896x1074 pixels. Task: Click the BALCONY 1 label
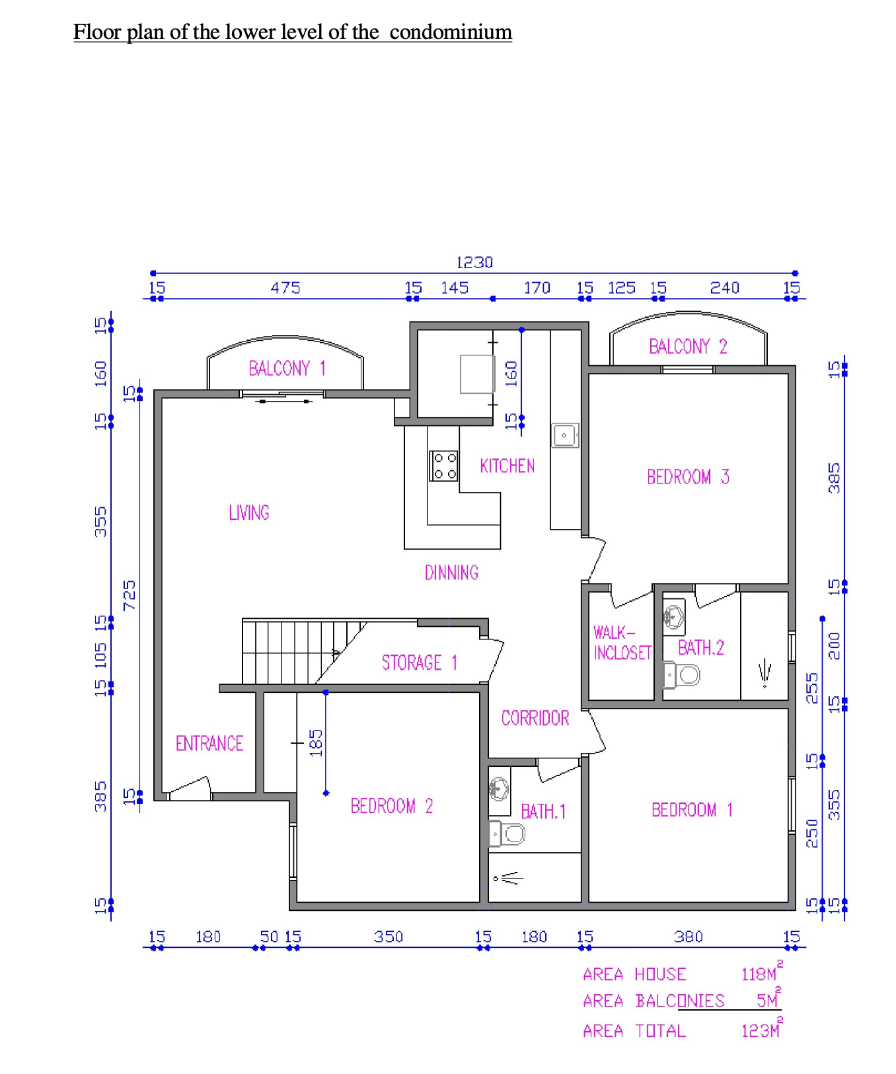[287, 368]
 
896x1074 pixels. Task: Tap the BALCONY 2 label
[688, 346]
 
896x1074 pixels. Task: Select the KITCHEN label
[507, 466]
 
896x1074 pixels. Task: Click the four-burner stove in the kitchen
[443, 466]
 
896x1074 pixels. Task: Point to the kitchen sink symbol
[565, 435]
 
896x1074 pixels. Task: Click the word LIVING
[249, 513]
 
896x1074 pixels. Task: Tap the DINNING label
[451, 572]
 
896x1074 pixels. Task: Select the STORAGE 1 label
[420, 662]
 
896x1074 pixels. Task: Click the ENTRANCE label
[209, 743]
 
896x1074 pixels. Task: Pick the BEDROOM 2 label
[392, 806]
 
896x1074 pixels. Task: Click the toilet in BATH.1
[507, 834]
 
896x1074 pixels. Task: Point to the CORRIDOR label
[535, 718]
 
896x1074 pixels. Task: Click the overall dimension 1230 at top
[474, 262]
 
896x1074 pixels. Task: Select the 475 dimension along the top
[285, 288]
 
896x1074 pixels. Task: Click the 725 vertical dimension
[130, 594]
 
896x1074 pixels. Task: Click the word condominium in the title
[451, 32]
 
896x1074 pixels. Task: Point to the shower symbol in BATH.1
[508, 878]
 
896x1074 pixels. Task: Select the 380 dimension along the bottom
[689, 937]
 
